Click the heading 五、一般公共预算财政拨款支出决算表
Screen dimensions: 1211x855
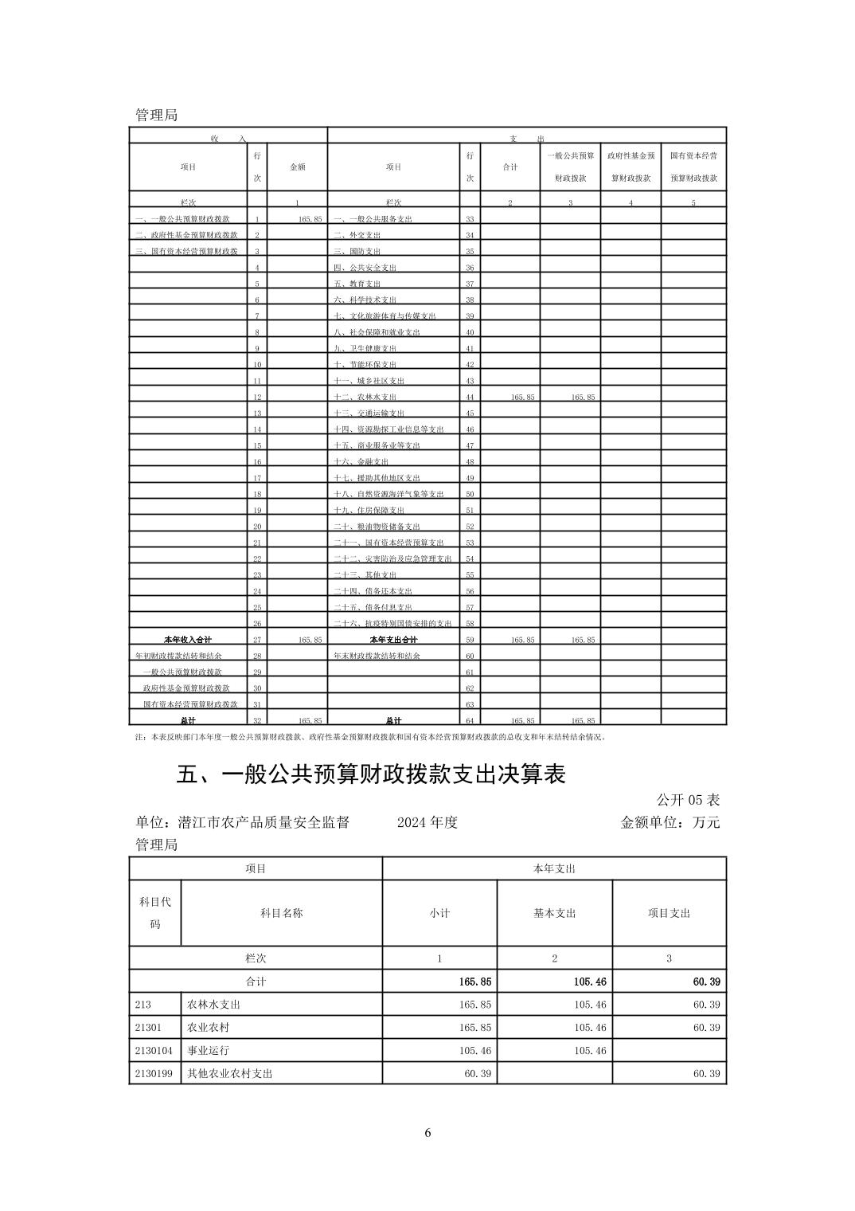pos(370,774)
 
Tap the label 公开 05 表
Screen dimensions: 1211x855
pos(688,800)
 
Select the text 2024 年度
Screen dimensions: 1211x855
pos(427,822)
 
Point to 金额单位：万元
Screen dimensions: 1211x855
pos(670,822)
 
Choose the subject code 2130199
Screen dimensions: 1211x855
pos(154,1073)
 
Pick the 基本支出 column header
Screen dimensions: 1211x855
pos(555,913)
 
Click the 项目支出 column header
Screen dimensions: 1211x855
pos(669,913)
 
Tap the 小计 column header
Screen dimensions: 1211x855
pos(439,913)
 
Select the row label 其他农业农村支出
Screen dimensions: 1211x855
pos(230,1073)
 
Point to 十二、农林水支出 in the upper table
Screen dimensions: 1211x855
pos(365,397)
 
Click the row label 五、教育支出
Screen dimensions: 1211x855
pos(357,284)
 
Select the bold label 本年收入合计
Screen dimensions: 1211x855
pos(188,640)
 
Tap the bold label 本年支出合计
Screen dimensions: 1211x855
pos(393,640)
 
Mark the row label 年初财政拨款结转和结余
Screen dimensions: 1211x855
pos(179,656)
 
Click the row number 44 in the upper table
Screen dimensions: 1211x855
pos(470,397)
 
